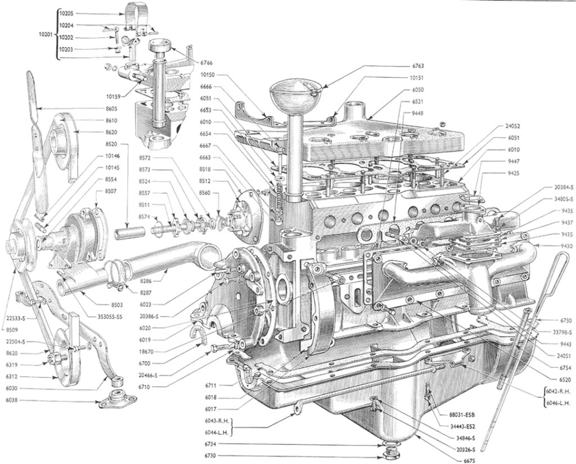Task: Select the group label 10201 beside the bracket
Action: (47, 34)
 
